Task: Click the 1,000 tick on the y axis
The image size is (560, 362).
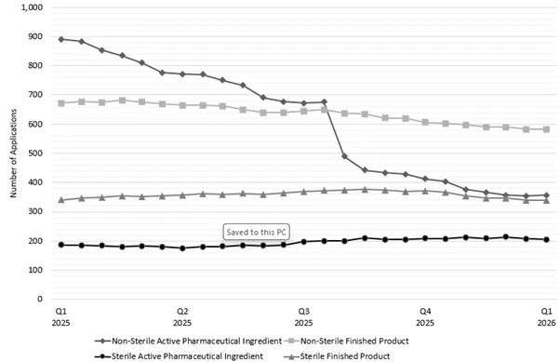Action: coord(32,7)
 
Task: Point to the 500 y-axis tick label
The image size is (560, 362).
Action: coord(35,154)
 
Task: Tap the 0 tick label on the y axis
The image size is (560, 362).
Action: coord(41,300)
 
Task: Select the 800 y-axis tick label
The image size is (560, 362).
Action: coord(35,66)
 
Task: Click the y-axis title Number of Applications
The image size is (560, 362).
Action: coord(13,153)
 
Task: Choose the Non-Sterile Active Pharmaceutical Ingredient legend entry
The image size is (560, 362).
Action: coord(182,342)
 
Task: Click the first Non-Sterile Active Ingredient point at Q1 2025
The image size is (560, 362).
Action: coord(61,39)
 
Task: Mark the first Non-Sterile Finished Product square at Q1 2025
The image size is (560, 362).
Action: coord(61,103)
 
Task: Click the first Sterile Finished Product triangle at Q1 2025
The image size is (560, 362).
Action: coord(61,200)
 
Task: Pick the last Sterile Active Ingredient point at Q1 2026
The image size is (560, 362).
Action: coord(546,239)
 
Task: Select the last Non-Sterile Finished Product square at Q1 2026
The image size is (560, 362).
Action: coord(546,129)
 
